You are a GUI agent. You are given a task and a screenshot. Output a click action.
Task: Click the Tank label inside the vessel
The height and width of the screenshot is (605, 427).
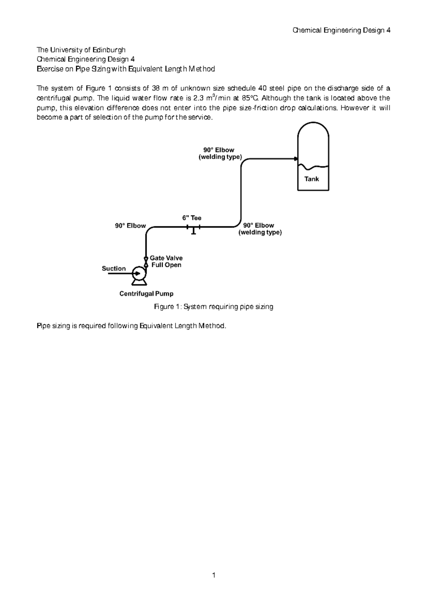tap(312, 179)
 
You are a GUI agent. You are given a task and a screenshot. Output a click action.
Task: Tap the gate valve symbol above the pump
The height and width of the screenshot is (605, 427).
tap(146, 261)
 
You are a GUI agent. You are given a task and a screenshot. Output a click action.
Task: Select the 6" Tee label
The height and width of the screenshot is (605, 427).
tap(192, 218)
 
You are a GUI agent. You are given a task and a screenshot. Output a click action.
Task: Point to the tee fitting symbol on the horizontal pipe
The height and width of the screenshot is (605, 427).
tap(193, 228)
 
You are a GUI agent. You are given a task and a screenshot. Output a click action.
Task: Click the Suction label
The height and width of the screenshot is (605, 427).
tap(114, 268)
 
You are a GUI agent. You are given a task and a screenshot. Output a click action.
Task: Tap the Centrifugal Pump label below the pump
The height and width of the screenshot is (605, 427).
tap(146, 294)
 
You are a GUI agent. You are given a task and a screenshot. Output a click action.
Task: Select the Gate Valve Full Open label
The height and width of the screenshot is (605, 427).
tap(166, 261)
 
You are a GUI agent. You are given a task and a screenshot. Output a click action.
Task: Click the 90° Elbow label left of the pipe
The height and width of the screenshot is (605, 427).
tap(130, 226)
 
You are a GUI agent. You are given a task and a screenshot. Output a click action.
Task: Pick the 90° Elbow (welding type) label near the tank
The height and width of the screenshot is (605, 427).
tap(220, 153)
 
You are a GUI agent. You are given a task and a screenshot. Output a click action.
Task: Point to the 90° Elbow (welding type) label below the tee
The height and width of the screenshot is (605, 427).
tap(260, 229)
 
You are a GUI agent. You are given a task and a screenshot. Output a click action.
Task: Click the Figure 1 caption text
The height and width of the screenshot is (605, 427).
tap(213, 306)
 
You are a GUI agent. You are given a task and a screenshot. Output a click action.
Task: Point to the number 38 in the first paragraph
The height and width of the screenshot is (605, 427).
tap(162, 88)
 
